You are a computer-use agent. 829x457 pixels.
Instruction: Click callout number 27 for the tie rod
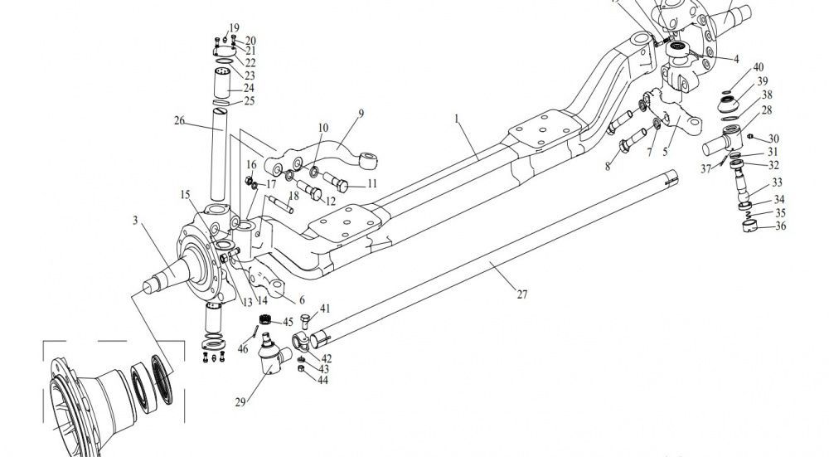(521, 294)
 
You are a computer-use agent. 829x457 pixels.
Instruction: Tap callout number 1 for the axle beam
(457, 119)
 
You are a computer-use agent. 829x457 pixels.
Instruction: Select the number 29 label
(240, 402)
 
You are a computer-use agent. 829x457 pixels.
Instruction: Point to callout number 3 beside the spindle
(135, 220)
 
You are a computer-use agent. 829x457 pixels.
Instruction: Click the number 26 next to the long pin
(179, 120)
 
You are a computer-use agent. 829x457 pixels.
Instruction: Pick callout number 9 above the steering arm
(361, 113)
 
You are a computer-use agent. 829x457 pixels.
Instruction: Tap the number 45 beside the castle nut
(288, 322)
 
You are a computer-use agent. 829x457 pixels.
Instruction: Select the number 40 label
(759, 67)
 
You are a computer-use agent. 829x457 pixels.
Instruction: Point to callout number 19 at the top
(234, 28)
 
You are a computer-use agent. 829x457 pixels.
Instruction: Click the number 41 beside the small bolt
(325, 309)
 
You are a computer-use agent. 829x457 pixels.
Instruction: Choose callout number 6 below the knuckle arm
(302, 300)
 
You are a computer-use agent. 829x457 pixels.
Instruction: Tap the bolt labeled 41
(304, 321)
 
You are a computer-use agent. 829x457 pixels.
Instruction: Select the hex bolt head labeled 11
(342, 186)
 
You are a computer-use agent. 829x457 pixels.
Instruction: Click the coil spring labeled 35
(746, 214)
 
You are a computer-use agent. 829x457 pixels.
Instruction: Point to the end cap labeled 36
(749, 226)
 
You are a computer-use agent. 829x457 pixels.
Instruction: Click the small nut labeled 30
(749, 136)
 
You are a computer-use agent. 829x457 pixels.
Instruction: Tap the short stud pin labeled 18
(281, 204)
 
